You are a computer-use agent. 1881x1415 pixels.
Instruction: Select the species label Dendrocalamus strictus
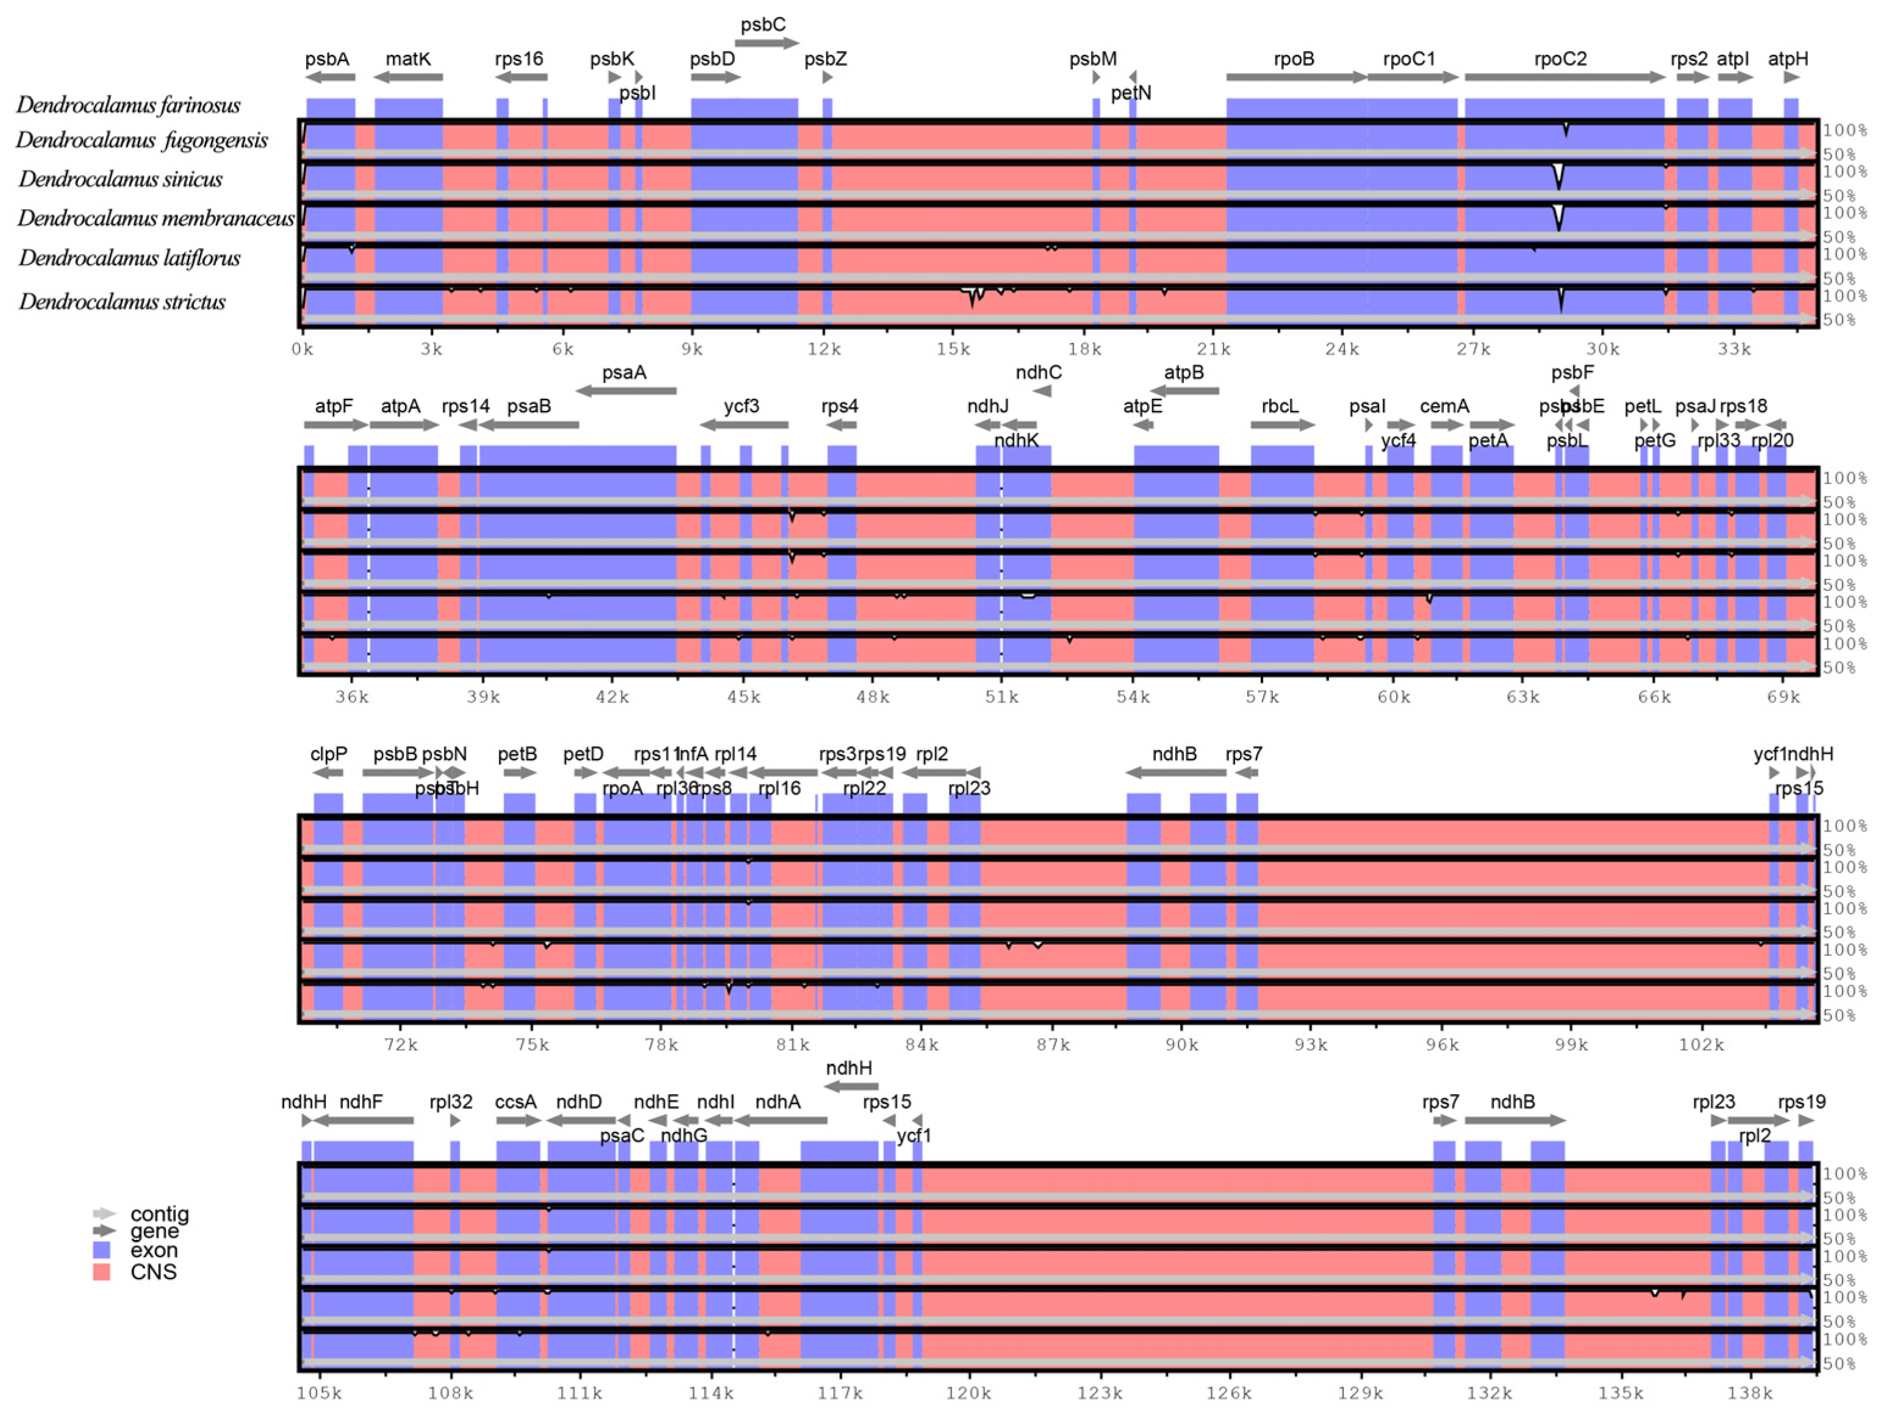pyautogui.click(x=123, y=302)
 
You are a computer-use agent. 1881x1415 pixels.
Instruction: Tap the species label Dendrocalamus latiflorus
pyautogui.click(x=129, y=257)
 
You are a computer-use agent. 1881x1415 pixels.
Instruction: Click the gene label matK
pyautogui.click(x=408, y=59)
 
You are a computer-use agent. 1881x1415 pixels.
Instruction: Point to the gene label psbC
pyautogui.click(x=763, y=24)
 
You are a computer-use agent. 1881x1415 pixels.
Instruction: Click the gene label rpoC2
pyautogui.click(x=1560, y=59)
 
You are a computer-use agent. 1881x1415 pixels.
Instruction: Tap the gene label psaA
pyautogui.click(x=624, y=373)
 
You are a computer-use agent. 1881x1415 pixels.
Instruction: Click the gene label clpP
pyautogui.click(x=328, y=754)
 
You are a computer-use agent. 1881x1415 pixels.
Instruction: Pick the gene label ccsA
pyautogui.click(x=515, y=1102)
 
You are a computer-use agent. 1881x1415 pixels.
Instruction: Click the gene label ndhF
pyautogui.click(x=360, y=1102)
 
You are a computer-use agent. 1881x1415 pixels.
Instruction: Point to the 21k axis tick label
pyautogui.click(x=1214, y=349)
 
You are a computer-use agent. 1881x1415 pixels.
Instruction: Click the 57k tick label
pyautogui.click(x=1262, y=697)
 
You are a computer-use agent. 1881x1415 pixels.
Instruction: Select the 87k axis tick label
pyautogui.click(x=1053, y=1045)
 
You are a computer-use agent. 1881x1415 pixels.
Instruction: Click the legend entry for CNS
pyautogui.click(x=153, y=1272)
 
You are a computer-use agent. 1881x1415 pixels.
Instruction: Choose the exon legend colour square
pyautogui.click(x=101, y=1250)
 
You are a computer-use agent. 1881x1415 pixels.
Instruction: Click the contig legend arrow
pyautogui.click(x=104, y=1214)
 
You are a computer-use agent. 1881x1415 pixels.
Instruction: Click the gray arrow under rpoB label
pyautogui.click(x=1296, y=77)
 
